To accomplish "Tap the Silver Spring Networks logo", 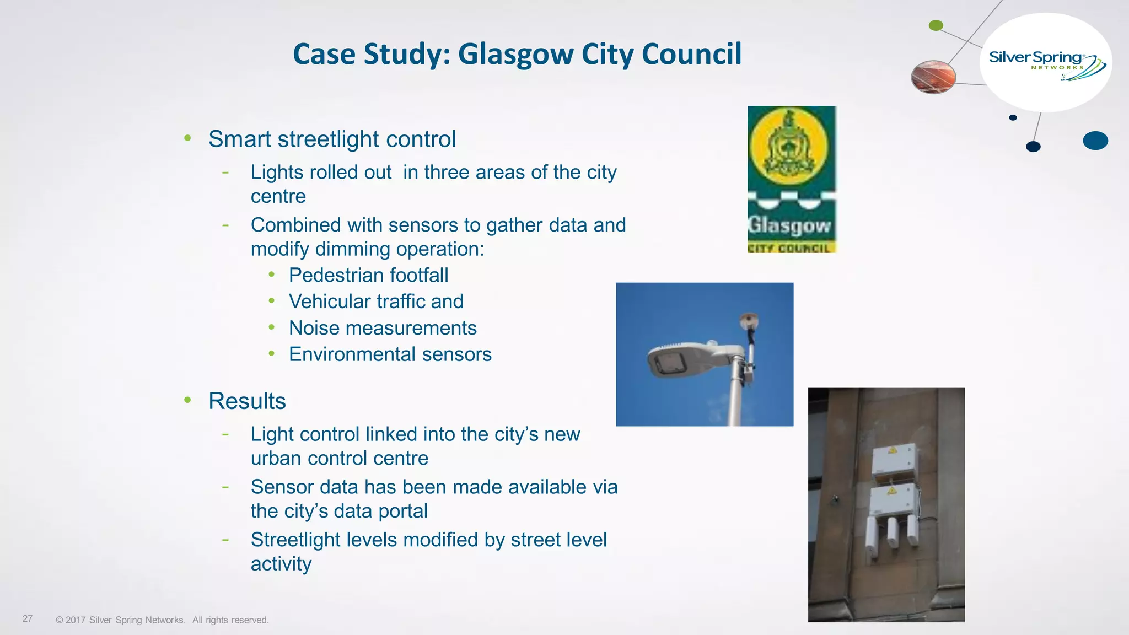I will pos(1045,63).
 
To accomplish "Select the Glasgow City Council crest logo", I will pos(791,179).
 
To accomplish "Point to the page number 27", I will pos(28,618).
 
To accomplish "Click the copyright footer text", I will pos(162,620).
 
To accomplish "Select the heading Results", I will pos(247,401).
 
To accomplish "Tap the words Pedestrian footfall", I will pos(368,275).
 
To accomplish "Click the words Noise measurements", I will pos(383,328).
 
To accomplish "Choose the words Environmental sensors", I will pos(390,354).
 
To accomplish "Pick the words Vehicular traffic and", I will pos(376,302).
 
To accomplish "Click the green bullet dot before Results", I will pos(188,400).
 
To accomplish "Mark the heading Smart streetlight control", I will pos(332,139).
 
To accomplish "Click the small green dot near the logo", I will pos(936,25).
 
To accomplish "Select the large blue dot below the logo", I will pos(1095,141).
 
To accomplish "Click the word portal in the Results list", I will pos(403,511).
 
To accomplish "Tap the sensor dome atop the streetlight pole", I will pos(749,320).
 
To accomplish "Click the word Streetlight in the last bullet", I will pos(295,540).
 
